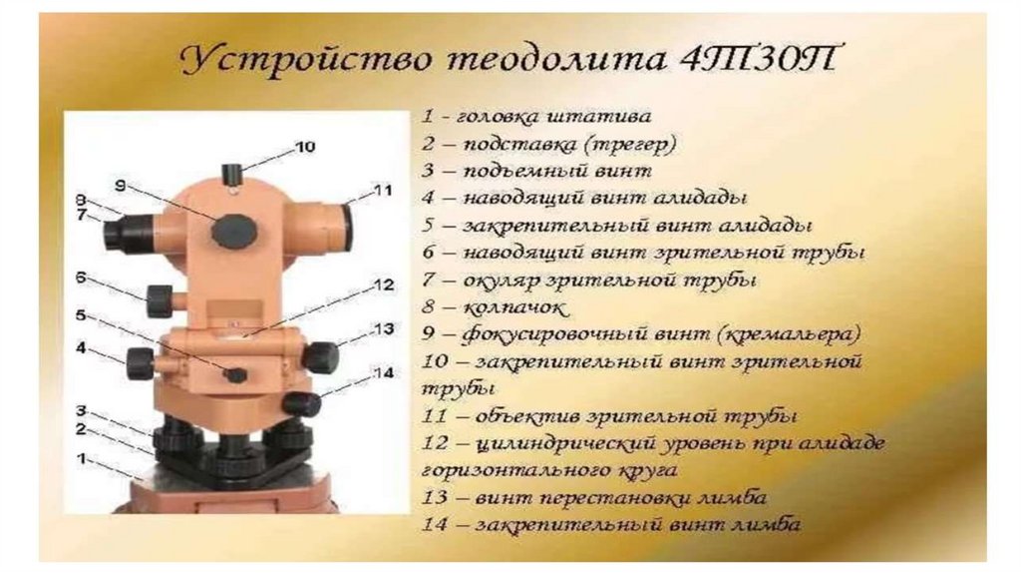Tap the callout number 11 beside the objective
[383, 190]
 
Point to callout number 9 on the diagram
[120, 185]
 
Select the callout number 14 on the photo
[384, 372]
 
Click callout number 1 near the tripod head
[81, 459]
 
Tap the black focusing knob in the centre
[234, 230]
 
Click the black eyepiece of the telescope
[121, 231]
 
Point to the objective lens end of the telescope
[345, 227]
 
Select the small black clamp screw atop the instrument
[231, 175]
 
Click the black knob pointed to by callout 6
[160, 301]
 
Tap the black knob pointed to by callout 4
[140, 363]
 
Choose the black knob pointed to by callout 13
[320, 357]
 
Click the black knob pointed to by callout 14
[302, 404]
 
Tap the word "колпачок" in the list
[514, 307]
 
